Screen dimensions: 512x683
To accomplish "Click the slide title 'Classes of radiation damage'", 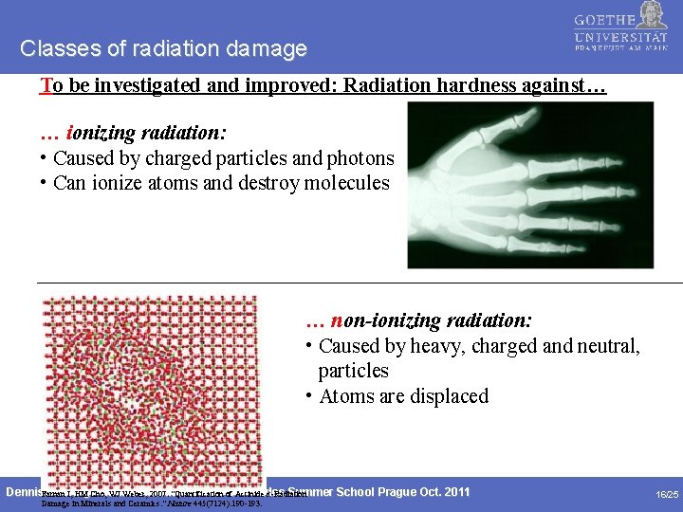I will [163, 48].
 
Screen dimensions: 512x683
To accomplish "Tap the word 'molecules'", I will [346, 182].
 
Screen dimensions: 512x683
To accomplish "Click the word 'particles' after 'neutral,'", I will [353, 371].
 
